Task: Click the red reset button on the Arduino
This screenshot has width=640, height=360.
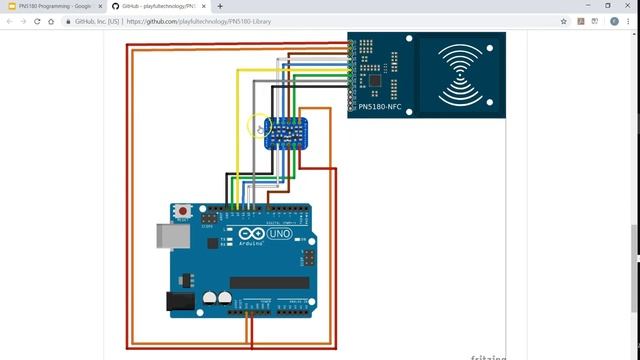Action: coord(184,211)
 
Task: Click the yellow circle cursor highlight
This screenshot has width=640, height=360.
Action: coord(260,126)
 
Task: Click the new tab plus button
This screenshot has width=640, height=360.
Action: coord(220,6)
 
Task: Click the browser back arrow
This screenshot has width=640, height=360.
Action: coord(10,20)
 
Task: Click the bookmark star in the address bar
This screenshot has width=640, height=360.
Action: coord(564,20)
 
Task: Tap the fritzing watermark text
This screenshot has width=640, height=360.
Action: coord(489,356)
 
